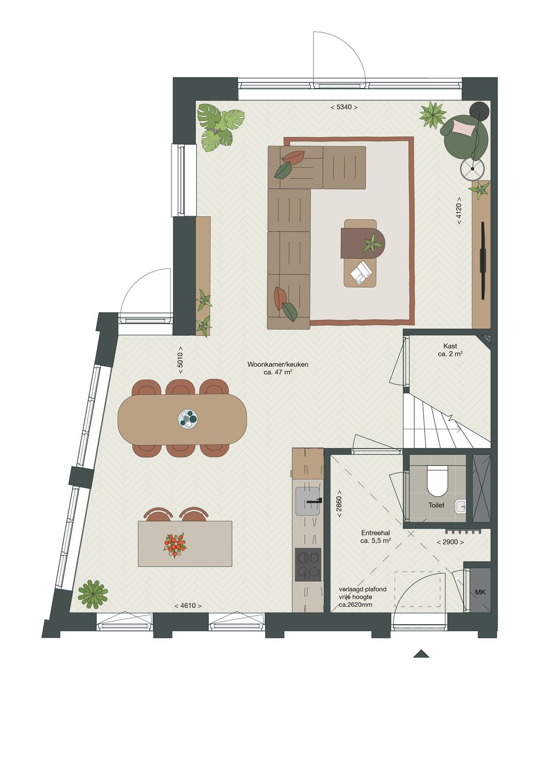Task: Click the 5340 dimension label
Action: tap(343, 107)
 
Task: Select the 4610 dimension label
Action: tap(188, 606)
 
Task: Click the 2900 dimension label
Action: tap(450, 542)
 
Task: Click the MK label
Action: tap(480, 592)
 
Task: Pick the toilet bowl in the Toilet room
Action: tap(438, 480)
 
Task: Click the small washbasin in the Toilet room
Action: tap(461, 507)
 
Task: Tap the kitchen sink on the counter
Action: tap(308, 501)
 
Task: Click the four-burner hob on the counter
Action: tap(308, 564)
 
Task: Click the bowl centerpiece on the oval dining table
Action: tap(188, 419)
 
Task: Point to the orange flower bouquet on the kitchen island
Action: tap(175, 545)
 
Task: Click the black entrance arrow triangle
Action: tap(421, 654)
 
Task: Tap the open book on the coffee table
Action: tap(361, 273)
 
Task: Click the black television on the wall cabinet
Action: tap(483, 260)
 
